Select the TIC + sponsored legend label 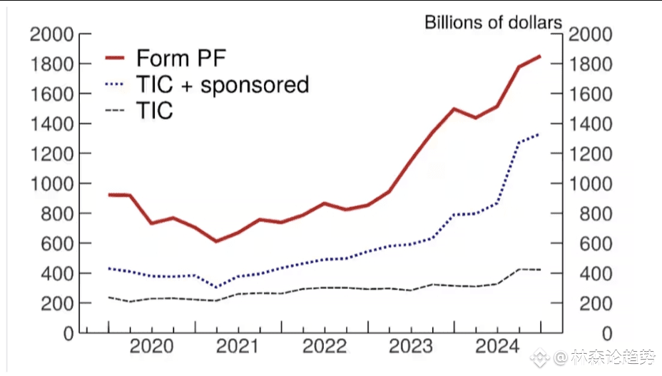pos(222,85)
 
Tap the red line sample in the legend pos(116,57)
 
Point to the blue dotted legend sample pos(116,85)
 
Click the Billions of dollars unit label pos(493,22)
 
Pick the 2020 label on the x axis pos(151,347)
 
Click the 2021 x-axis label pos(237,347)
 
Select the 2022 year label pos(324,347)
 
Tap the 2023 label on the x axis pos(410,347)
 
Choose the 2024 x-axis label pos(497,347)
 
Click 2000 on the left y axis pos(51,35)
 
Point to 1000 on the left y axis pos(51,183)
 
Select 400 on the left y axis pos(58,273)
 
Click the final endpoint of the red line pos(540,56)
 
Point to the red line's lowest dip pos(216,241)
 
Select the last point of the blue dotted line pos(540,133)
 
